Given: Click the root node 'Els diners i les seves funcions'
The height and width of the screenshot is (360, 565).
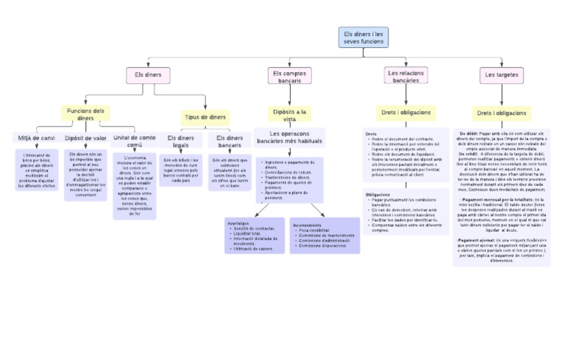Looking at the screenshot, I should [363, 38].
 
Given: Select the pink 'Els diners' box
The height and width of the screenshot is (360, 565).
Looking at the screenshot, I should [148, 75].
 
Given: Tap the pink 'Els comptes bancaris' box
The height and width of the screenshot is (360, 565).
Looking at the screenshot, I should [289, 77].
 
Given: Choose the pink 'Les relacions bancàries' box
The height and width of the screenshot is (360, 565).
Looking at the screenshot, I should [405, 76].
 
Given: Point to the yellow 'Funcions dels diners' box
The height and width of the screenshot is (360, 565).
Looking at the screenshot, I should [85, 114].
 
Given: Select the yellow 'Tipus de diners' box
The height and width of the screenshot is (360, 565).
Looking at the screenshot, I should [205, 117].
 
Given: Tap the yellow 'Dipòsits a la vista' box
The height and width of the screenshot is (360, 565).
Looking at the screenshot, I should [289, 114].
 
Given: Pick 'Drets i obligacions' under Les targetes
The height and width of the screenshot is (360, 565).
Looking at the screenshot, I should [500, 113].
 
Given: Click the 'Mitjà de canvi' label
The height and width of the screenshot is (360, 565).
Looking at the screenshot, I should [35, 138].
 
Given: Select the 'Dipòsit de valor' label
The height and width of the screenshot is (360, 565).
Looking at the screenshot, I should [85, 138].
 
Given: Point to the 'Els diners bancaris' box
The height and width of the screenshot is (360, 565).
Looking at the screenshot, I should [230, 141].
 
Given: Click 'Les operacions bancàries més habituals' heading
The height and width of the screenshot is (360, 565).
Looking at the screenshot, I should [289, 137].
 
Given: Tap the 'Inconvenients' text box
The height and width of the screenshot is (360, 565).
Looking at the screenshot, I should [325, 236].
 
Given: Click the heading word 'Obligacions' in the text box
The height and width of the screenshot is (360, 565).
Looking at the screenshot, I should [378, 194].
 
